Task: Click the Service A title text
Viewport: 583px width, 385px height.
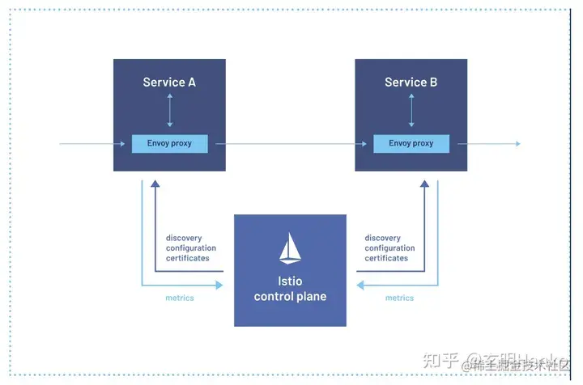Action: point(169,82)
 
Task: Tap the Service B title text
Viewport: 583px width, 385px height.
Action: point(411,82)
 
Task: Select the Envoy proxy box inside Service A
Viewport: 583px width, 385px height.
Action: point(170,144)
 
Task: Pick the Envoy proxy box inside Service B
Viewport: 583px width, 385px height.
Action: point(411,144)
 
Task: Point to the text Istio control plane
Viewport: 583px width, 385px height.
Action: point(290,290)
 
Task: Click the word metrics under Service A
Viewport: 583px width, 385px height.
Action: point(180,298)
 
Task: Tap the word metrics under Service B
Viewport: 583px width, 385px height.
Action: point(400,298)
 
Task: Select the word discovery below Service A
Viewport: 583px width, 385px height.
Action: point(185,239)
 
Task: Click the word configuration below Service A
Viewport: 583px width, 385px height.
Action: point(191,248)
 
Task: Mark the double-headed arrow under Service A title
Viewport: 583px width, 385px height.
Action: point(170,110)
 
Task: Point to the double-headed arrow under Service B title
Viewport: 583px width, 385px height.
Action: point(411,110)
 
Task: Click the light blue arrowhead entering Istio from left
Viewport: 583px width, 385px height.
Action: point(218,285)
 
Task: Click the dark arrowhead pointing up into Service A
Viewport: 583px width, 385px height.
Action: point(155,184)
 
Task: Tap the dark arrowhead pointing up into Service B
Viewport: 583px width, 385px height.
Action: point(424,184)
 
